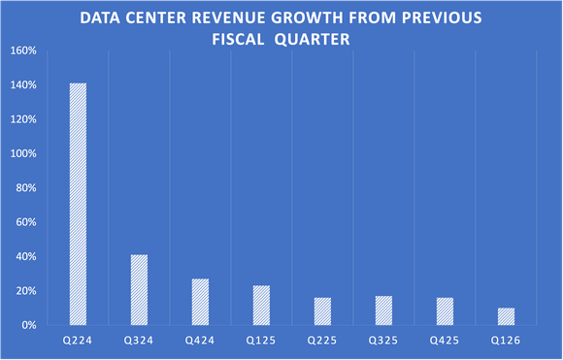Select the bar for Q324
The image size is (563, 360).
(139, 289)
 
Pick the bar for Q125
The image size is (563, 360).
(261, 305)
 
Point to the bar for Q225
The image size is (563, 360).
(322, 311)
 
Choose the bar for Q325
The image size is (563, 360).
(383, 310)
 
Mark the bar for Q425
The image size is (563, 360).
(445, 311)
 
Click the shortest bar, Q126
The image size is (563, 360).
(506, 316)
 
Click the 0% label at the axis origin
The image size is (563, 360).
(30, 325)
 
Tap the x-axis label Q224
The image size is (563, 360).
(78, 342)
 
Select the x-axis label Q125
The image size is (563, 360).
(261, 342)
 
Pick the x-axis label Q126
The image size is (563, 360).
(506, 342)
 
